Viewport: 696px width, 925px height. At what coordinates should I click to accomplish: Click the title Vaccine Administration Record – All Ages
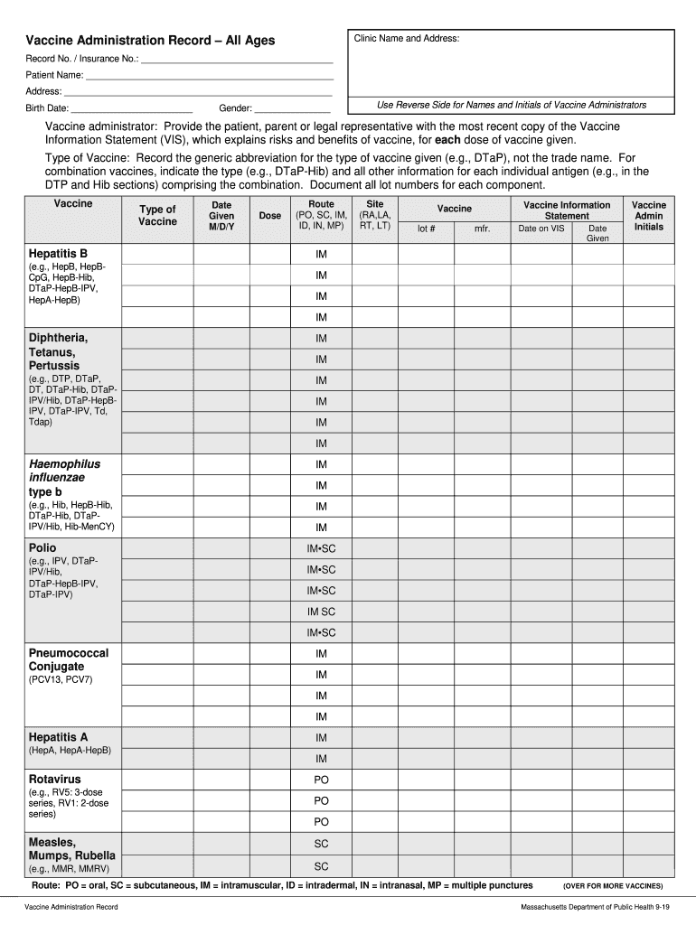150,41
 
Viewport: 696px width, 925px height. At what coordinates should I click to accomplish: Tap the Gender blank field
292,110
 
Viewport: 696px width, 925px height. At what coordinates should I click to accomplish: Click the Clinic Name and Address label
407,39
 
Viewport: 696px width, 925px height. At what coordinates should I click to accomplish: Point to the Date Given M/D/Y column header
221,216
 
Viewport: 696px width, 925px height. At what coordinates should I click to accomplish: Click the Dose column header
269,216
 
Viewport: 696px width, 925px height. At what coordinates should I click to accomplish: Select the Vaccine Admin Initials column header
648,216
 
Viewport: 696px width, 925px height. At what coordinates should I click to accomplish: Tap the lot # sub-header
427,229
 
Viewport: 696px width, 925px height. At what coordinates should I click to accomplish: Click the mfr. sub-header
482,229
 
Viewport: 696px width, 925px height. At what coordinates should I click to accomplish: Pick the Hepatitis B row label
58,253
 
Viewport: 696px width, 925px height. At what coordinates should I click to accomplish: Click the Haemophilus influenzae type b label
64,477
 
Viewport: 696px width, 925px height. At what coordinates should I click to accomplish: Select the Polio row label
42,547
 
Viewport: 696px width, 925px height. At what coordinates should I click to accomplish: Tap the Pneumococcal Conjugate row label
69,659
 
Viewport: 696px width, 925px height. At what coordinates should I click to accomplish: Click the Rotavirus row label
54,779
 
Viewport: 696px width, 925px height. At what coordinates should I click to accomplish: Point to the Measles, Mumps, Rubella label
71,848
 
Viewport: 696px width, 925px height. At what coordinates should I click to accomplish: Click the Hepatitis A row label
58,737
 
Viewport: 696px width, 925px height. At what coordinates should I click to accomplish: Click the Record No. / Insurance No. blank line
237,60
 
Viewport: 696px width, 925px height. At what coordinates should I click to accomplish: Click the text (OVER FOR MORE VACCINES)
613,886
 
